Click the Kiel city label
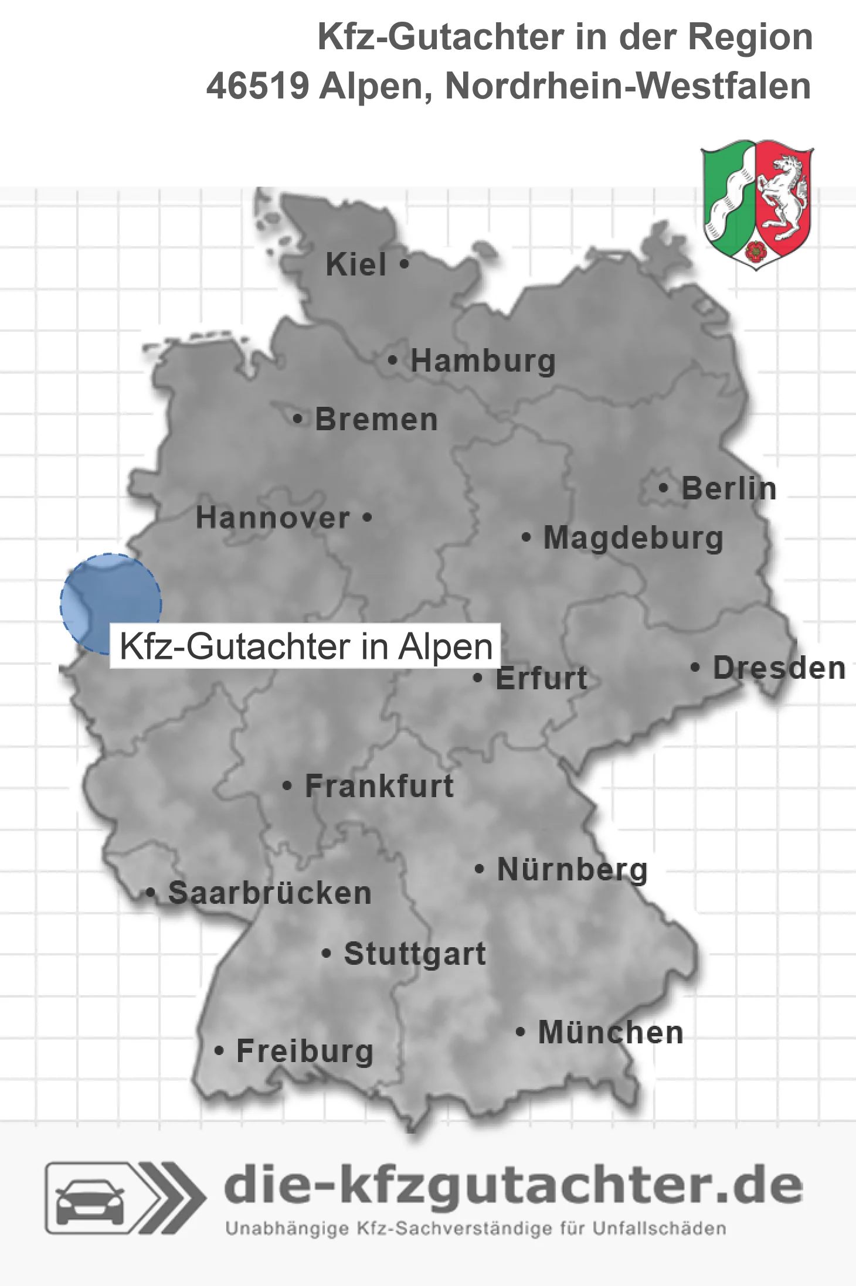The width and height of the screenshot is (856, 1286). pyautogui.click(x=356, y=264)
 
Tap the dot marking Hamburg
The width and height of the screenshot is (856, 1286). pyautogui.click(x=392, y=360)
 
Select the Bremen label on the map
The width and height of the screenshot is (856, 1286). pyautogui.click(x=376, y=420)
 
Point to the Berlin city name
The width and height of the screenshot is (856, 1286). pyautogui.click(x=729, y=488)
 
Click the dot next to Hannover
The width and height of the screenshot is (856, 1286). pyautogui.click(x=367, y=517)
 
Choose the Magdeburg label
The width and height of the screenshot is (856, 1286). pyautogui.click(x=633, y=538)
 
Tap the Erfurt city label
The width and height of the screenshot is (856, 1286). pyautogui.click(x=541, y=679)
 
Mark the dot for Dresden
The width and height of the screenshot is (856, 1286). pyautogui.click(x=695, y=667)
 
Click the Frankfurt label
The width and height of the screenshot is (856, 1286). pyautogui.click(x=379, y=786)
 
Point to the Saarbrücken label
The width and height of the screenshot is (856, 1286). pyautogui.click(x=270, y=893)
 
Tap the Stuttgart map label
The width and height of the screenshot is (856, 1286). pyautogui.click(x=415, y=954)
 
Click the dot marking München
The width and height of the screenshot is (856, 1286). pyautogui.click(x=520, y=1032)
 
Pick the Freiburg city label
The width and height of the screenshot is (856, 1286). pyautogui.click(x=305, y=1051)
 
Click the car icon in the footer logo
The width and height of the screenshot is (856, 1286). pyautogui.click(x=90, y=1197)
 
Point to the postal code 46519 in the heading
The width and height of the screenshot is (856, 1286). pyautogui.click(x=257, y=86)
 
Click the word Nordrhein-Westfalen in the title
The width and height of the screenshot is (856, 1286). pyautogui.click(x=628, y=86)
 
